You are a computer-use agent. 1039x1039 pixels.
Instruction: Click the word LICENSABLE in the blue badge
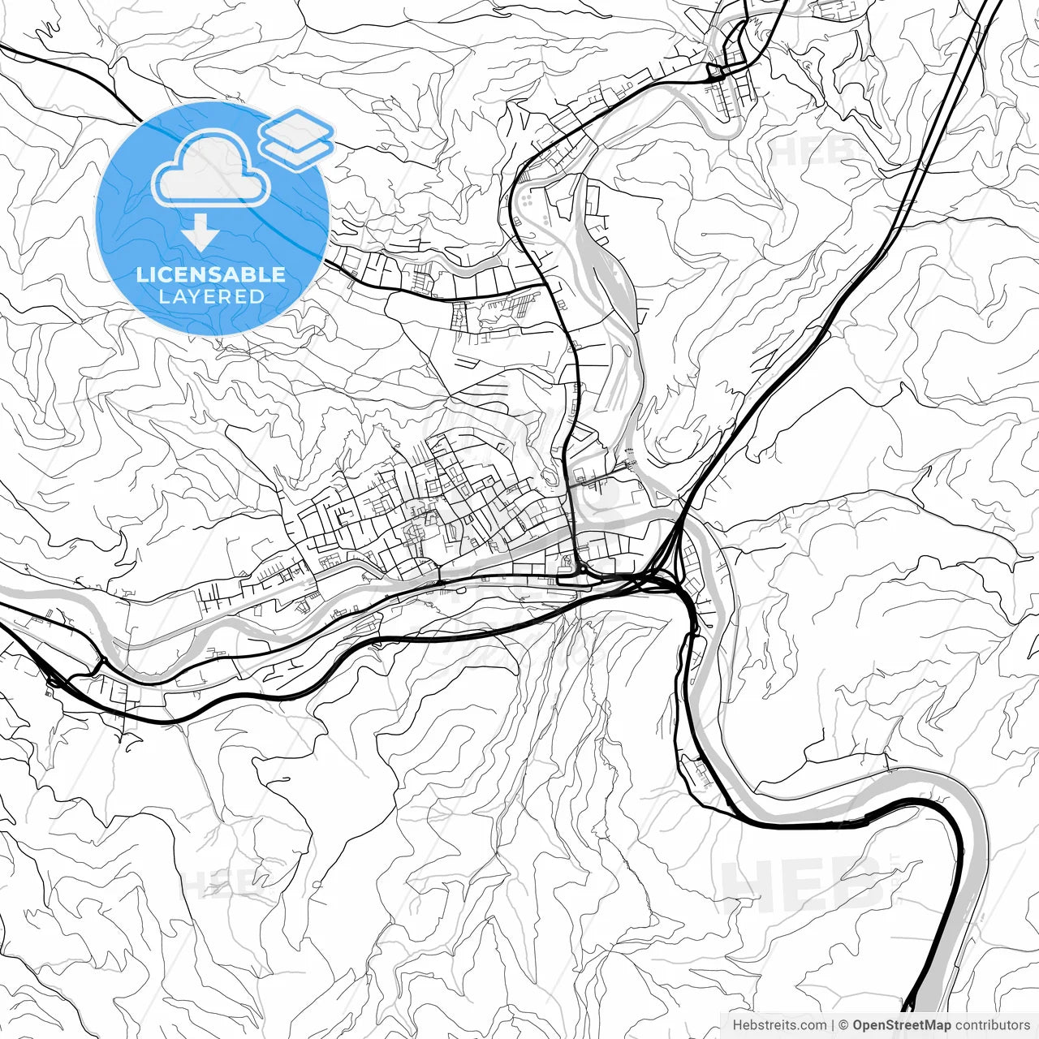pyautogui.click(x=211, y=274)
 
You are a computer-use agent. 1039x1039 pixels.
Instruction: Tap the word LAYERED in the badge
pyautogui.click(x=211, y=297)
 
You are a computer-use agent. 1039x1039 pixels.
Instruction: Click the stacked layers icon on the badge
pyautogui.click(x=297, y=138)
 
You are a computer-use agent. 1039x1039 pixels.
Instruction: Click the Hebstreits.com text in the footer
pyautogui.click(x=779, y=1025)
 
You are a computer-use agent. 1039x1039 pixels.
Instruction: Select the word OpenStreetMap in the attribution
pyautogui.click(x=901, y=1025)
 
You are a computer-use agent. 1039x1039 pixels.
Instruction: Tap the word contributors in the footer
pyautogui.click(x=992, y=1025)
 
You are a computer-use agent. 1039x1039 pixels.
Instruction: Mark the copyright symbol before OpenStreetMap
pyautogui.click(x=843, y=1025)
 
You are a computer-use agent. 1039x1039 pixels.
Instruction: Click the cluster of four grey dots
pyautogui.click(x=528, y=198)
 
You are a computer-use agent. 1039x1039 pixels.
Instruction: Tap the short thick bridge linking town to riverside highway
pyautogui.click(x=439, y=581)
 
